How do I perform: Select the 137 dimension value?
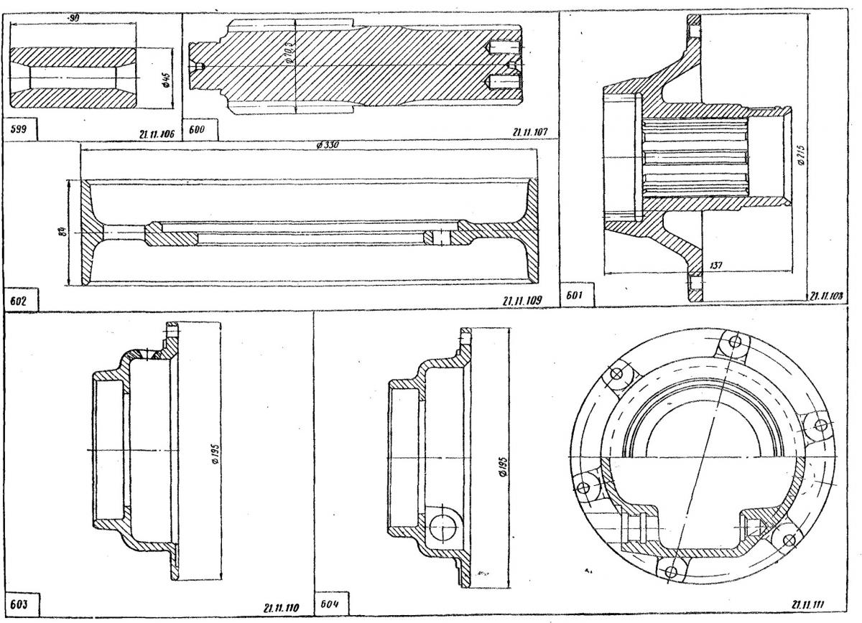(x=716, y=266)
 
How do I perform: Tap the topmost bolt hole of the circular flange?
(x=733, y=340)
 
